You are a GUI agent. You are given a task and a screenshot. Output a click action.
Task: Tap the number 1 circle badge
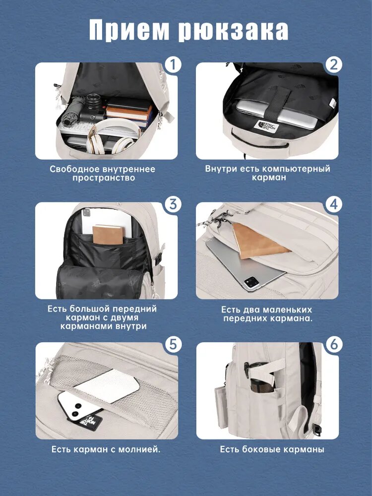(173, 65)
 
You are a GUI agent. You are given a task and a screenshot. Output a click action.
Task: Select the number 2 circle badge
(334, 65)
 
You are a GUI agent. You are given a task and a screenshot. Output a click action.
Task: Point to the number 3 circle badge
(173, 204)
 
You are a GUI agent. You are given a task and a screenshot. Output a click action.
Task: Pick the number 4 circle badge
(334, 204)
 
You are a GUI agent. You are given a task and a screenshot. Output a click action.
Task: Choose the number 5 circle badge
(173, 345)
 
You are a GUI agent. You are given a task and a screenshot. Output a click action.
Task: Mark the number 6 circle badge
(334, 345)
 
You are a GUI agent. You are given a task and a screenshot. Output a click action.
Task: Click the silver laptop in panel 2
(275, 114)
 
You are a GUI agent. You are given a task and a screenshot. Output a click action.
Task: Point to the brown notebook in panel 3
(108, 235)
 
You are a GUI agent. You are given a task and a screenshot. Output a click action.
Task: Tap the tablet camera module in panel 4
(251, 282)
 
